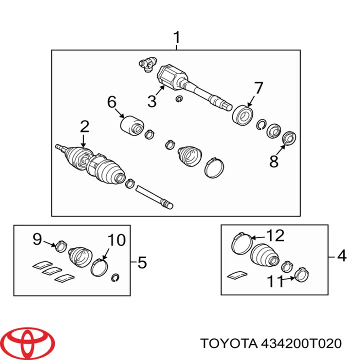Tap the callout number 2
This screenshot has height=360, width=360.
click(x=84, y=126)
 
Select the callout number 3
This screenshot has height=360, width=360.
click(x=152, y=101)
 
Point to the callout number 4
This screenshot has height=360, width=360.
click(x=341, y=256)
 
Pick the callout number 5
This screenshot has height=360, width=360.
click(x=142, y=261)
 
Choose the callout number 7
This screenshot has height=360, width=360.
click(x=257, y=88)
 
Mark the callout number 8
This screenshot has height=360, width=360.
click(x=273, y=161)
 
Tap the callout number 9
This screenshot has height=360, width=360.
click(x=37, y=239)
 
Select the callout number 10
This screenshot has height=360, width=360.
click(x=116, y=240)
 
